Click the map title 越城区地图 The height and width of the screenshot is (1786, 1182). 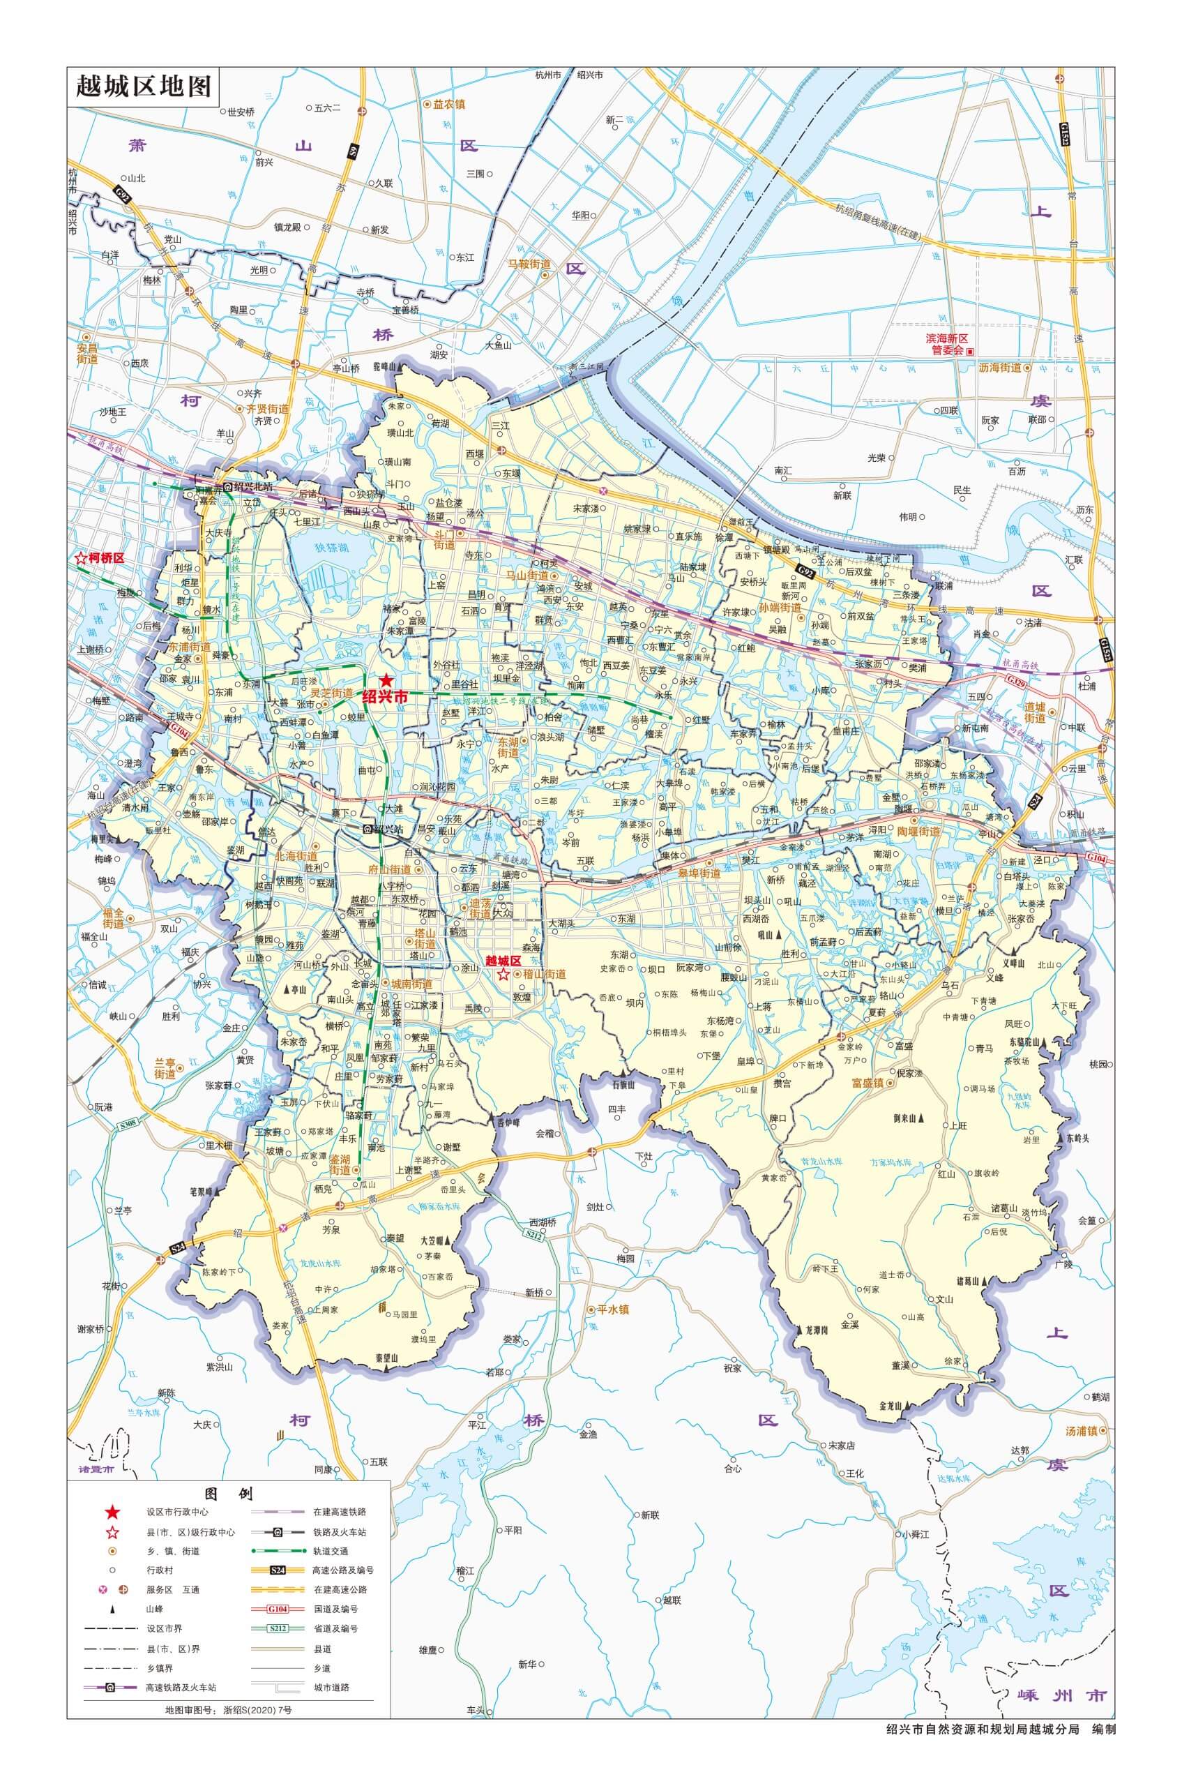coord(142,87)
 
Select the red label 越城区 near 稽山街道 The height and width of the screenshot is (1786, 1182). coord(503,961)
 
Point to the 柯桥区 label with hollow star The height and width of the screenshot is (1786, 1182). coord(100,559)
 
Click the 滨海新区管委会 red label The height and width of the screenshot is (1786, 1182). coord(947,345)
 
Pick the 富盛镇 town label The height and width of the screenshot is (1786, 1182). coord(867,1082)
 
